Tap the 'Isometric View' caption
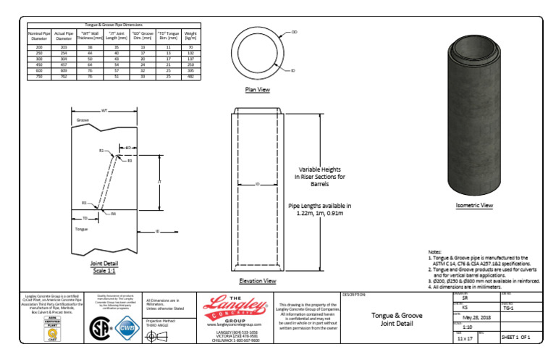coord(474,205)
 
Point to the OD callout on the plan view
coord(294,33)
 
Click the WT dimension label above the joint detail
coord(105,111)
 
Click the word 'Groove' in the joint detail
coord(83,120)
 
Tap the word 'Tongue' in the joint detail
coord(82,228)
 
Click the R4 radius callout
coord(114,214)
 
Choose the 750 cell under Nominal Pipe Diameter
coord(40,75)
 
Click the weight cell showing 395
coord(190,70)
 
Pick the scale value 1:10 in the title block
coord(467,327)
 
